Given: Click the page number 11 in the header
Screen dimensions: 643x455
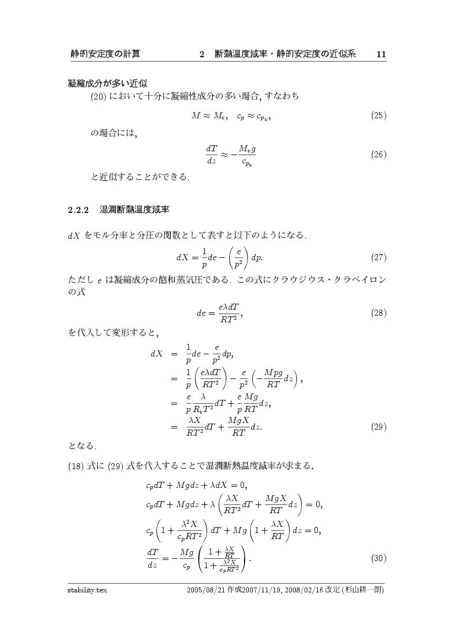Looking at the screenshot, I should point(381,54).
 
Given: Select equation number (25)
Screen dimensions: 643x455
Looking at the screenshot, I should point(378,116).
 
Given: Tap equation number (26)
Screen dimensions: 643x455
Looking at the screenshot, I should point(378,154).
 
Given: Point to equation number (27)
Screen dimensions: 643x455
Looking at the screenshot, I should point(378,257).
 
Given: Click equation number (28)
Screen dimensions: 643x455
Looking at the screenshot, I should point(378,313).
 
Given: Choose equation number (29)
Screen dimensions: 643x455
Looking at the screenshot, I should point(378,426).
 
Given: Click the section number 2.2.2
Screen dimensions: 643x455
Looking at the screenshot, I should point(78,210).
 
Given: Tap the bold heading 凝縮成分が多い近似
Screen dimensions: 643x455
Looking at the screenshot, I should point(107,84).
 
